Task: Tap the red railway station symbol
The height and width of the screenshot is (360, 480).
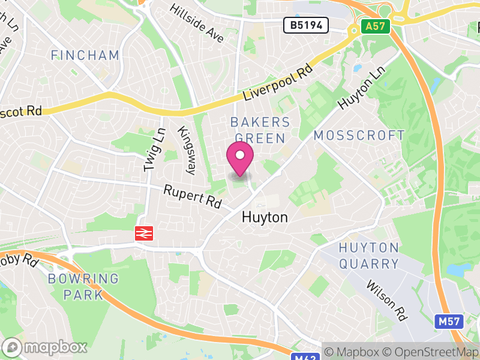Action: click(x=145, y=233)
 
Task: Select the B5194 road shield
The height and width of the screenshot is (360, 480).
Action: click(x=307, y=25)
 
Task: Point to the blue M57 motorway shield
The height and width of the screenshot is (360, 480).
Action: click(x=449, y=322)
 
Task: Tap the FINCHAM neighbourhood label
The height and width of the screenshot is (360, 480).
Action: click(x=85, y=56)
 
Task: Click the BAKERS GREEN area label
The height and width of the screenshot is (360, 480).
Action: click(x=260, y=130)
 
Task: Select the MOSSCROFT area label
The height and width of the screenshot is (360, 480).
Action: click(x=359, y=136)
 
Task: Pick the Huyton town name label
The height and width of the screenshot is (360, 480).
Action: click(x=265, y=217)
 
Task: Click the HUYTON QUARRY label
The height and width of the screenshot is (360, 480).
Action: click(x=369, y=256)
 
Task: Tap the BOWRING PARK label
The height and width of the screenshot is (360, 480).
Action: click(x=83, y=286)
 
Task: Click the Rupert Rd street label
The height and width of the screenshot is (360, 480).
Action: click(x=193, y=196)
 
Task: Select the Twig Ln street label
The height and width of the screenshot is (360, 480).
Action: click(x=153, y=151)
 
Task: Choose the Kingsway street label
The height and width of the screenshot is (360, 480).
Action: click(x=186, y=150)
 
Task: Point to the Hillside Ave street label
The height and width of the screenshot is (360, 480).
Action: click(x=197, y=23)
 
